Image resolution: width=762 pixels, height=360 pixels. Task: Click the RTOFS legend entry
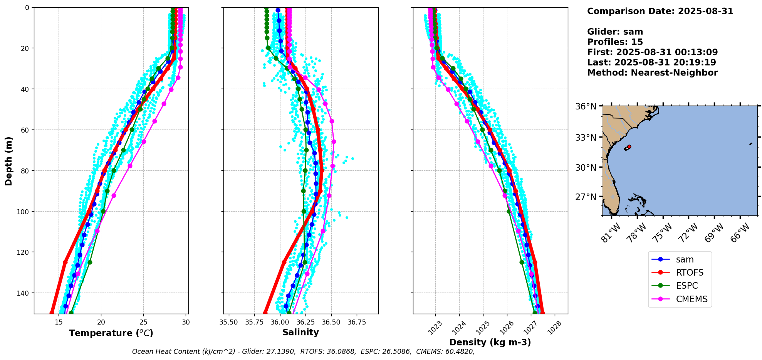689,273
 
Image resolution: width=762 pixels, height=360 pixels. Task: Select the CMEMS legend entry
691,299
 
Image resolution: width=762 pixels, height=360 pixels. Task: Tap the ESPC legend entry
686,286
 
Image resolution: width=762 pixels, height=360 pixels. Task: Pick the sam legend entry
685,259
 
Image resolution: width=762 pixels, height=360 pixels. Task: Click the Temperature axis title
111,333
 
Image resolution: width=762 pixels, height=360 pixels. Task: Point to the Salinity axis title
300,332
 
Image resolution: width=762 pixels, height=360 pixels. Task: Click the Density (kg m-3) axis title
490,342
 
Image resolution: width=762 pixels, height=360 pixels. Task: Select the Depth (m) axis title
8,161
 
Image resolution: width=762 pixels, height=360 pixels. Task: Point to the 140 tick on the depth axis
24,293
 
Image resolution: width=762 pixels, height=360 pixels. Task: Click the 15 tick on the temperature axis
59,322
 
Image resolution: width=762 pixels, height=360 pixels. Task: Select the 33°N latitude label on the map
586,138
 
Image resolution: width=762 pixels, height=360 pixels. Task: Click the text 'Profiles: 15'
615,42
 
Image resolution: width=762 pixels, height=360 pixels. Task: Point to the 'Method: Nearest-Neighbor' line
652,73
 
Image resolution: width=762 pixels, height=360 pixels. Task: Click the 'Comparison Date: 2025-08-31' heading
660,11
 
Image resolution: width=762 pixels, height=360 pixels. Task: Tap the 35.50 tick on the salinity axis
228,322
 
